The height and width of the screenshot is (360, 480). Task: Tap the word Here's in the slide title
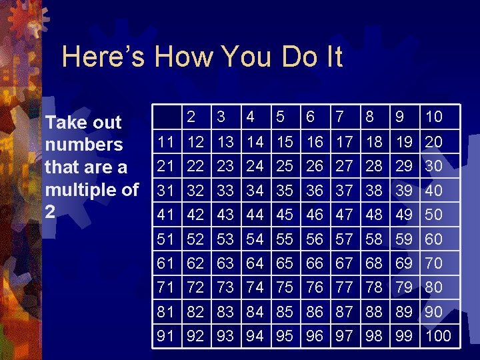pos(103,57)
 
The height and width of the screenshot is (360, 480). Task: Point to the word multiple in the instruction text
pos(74,190)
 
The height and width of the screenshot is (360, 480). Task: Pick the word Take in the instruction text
pos(61,123)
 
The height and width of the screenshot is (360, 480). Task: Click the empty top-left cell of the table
pos(167,117)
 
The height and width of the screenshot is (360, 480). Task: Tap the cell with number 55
pos(285,239)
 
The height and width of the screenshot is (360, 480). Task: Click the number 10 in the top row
pos(434,117)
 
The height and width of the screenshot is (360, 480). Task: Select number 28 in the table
pos(374,165)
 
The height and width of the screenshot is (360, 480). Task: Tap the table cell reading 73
pos(225,287)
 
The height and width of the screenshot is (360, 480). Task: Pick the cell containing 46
pos(314,215)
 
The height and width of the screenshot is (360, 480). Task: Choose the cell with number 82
pos(195,311)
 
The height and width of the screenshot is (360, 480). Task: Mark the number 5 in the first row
pos(281,117)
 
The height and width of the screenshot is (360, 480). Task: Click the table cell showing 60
pos(434,239)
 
